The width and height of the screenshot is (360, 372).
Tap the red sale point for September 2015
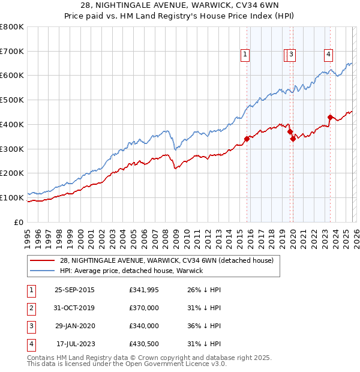tap(247, 139)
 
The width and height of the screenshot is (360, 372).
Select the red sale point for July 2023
tap(330, 117)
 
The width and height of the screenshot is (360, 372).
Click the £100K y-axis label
tap(12, 197)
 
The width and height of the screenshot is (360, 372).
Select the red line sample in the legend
tap(42, 260)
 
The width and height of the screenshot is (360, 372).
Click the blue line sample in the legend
tap(42, 271)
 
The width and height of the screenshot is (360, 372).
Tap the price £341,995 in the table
tap(144, 290)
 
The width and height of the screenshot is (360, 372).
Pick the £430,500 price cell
tap(144, 344)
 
